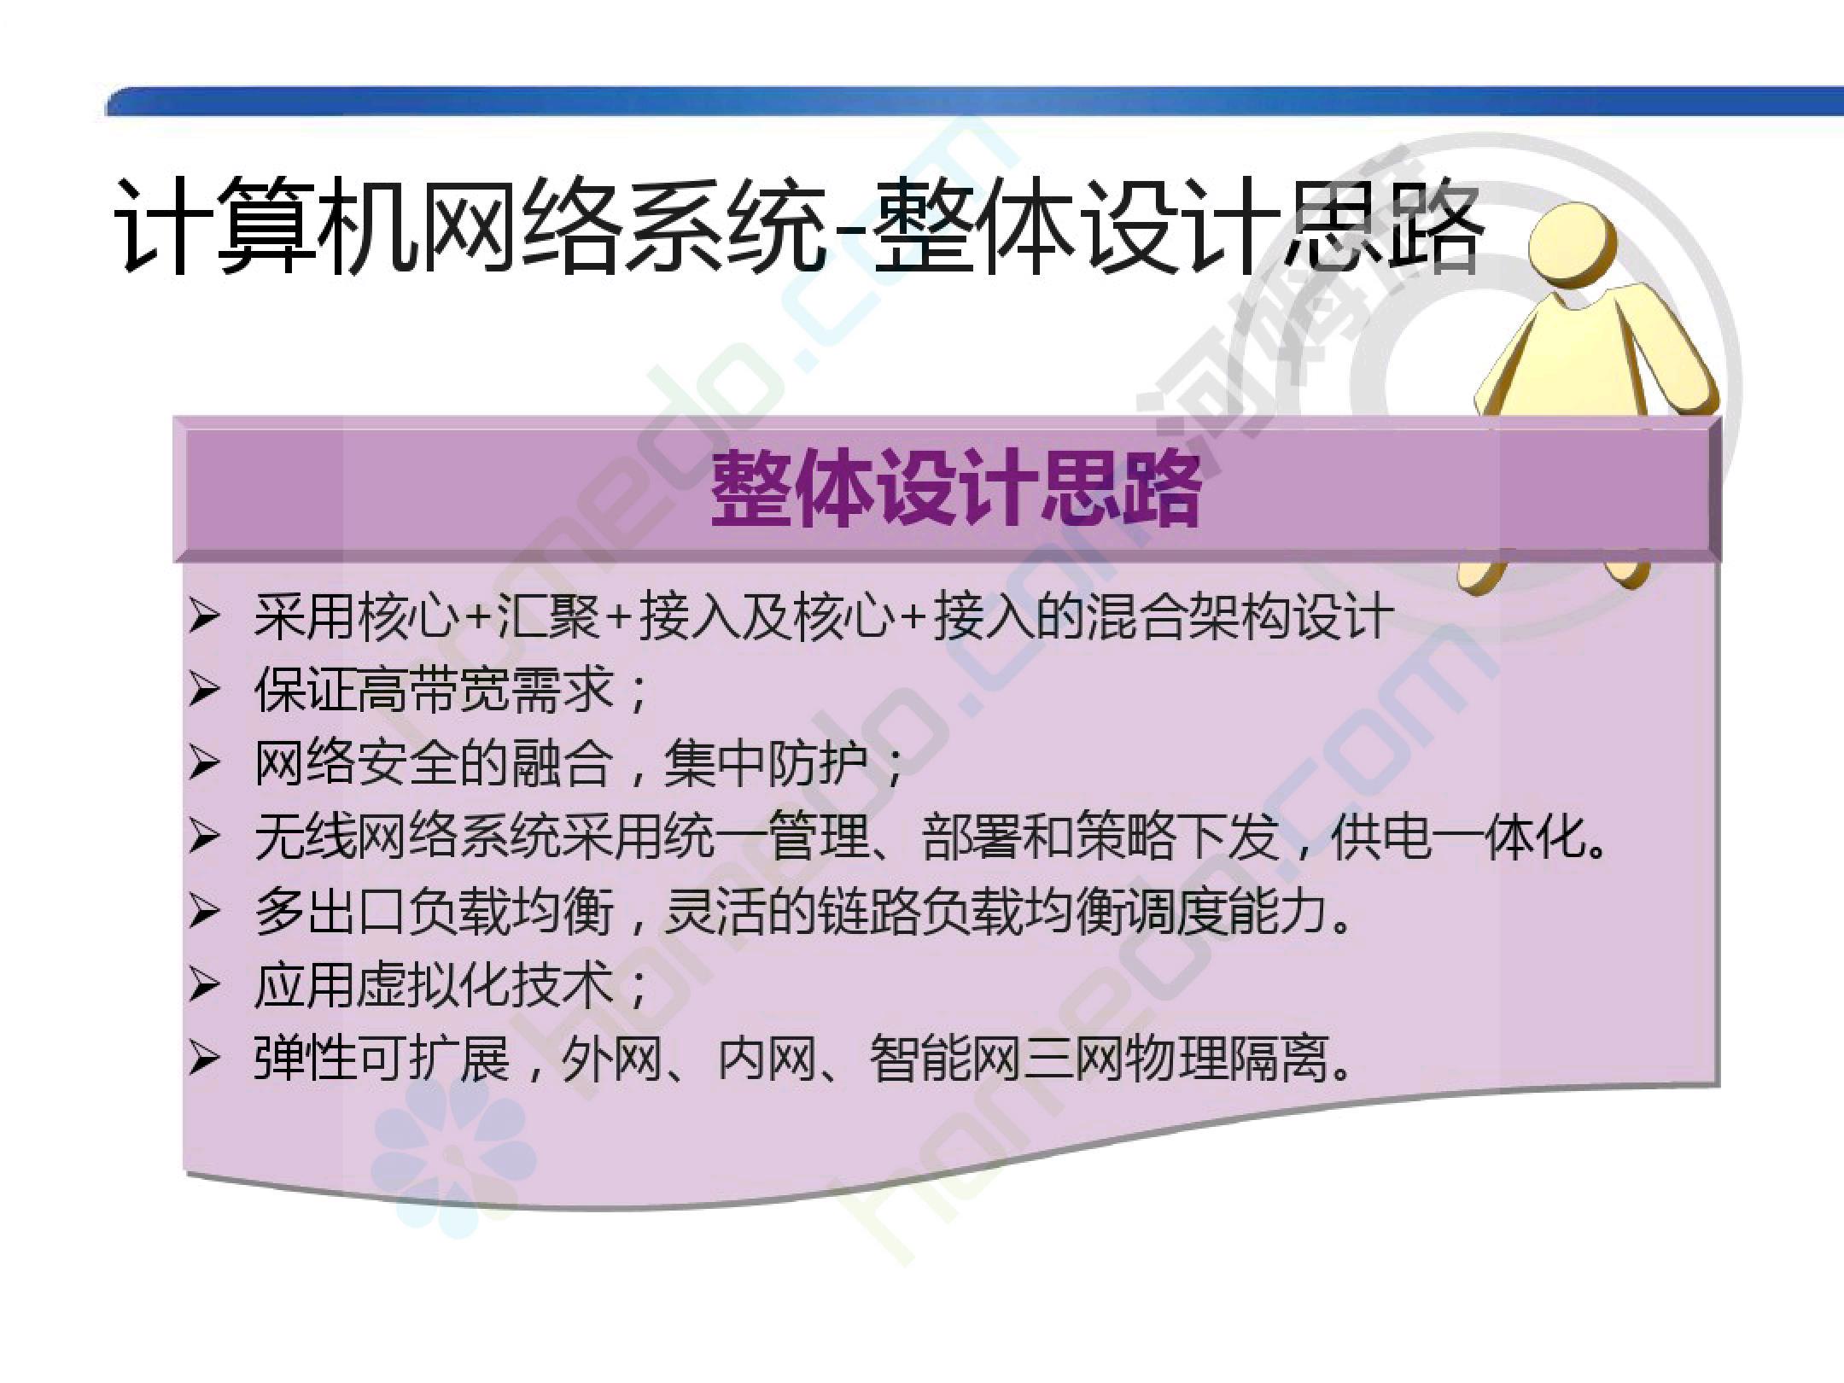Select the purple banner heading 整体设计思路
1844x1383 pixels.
coord(956,490)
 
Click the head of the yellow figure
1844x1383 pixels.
coord(1573,243)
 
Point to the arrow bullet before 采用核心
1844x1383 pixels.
coord(205,616)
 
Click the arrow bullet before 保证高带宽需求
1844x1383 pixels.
coord(205,690)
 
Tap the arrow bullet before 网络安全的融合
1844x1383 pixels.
coord(205,763)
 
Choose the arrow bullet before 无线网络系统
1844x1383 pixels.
coord(205,837)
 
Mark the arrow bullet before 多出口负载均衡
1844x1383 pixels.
coord(205,912)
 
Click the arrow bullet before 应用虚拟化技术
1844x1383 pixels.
coord(205,986)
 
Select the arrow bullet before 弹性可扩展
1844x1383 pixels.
coord(205,1059)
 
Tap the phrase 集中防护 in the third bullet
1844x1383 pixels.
coord(764,763)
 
